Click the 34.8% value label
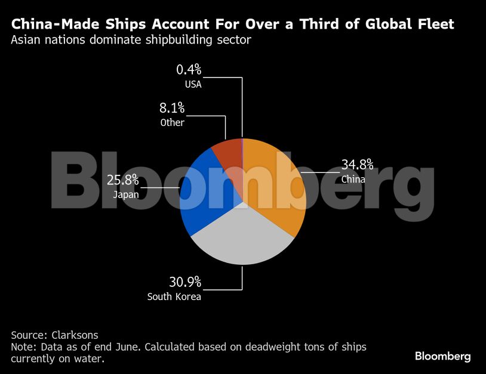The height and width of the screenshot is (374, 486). point(357,164)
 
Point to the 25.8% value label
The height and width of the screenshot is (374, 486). point(122,180)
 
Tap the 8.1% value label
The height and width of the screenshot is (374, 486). point(172,109)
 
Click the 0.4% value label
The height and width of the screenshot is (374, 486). point(188,70)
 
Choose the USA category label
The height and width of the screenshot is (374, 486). point(193,84)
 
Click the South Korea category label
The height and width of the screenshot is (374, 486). point(174,296)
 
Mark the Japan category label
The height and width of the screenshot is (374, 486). point(125,194)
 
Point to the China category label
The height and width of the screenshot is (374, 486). point(353,178)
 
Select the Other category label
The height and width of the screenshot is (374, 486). point(172,123)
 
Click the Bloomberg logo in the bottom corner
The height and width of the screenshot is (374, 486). point(442,356)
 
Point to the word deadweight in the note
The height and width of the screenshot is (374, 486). point(262,347)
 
